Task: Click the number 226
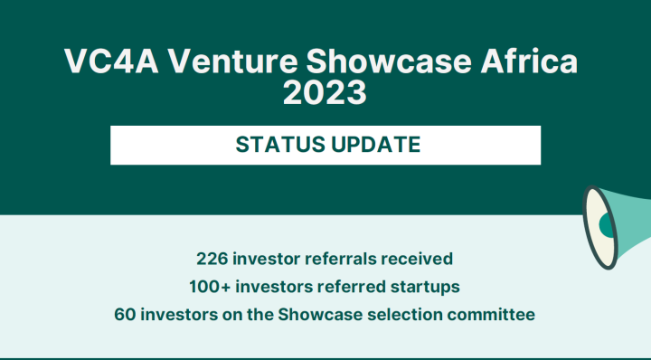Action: click(x=213, y=259)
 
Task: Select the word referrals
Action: click(x=341, y=259)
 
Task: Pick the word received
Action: click(x=417, y=259)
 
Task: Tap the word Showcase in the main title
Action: click(x=383, y=62)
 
